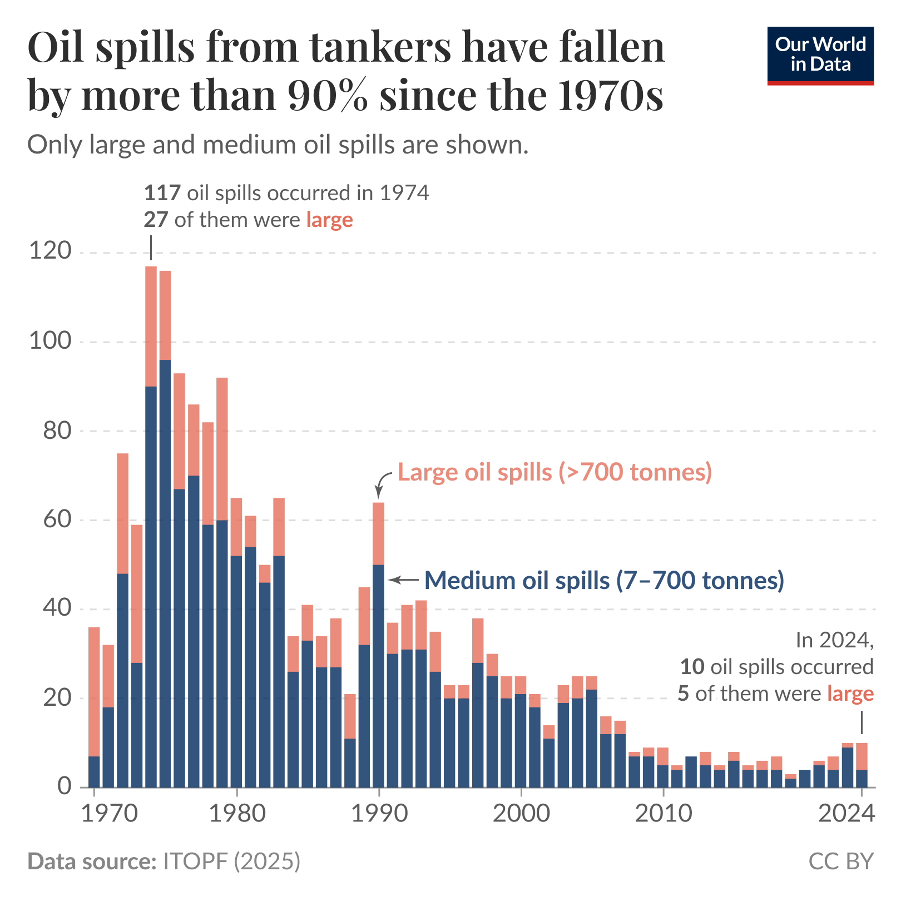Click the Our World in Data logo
820,55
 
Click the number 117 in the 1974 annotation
162,193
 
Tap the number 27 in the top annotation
156,220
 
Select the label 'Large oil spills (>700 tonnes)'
555,472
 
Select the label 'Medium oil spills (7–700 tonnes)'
604,580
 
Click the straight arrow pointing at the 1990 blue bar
403,580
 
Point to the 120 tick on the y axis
50,251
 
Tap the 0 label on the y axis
65,786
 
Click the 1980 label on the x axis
237,813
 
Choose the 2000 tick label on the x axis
521,813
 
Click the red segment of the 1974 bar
151,326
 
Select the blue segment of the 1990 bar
378,676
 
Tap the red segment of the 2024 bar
862,756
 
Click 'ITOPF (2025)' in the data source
231,862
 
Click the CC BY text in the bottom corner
841,862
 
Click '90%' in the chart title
328,95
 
